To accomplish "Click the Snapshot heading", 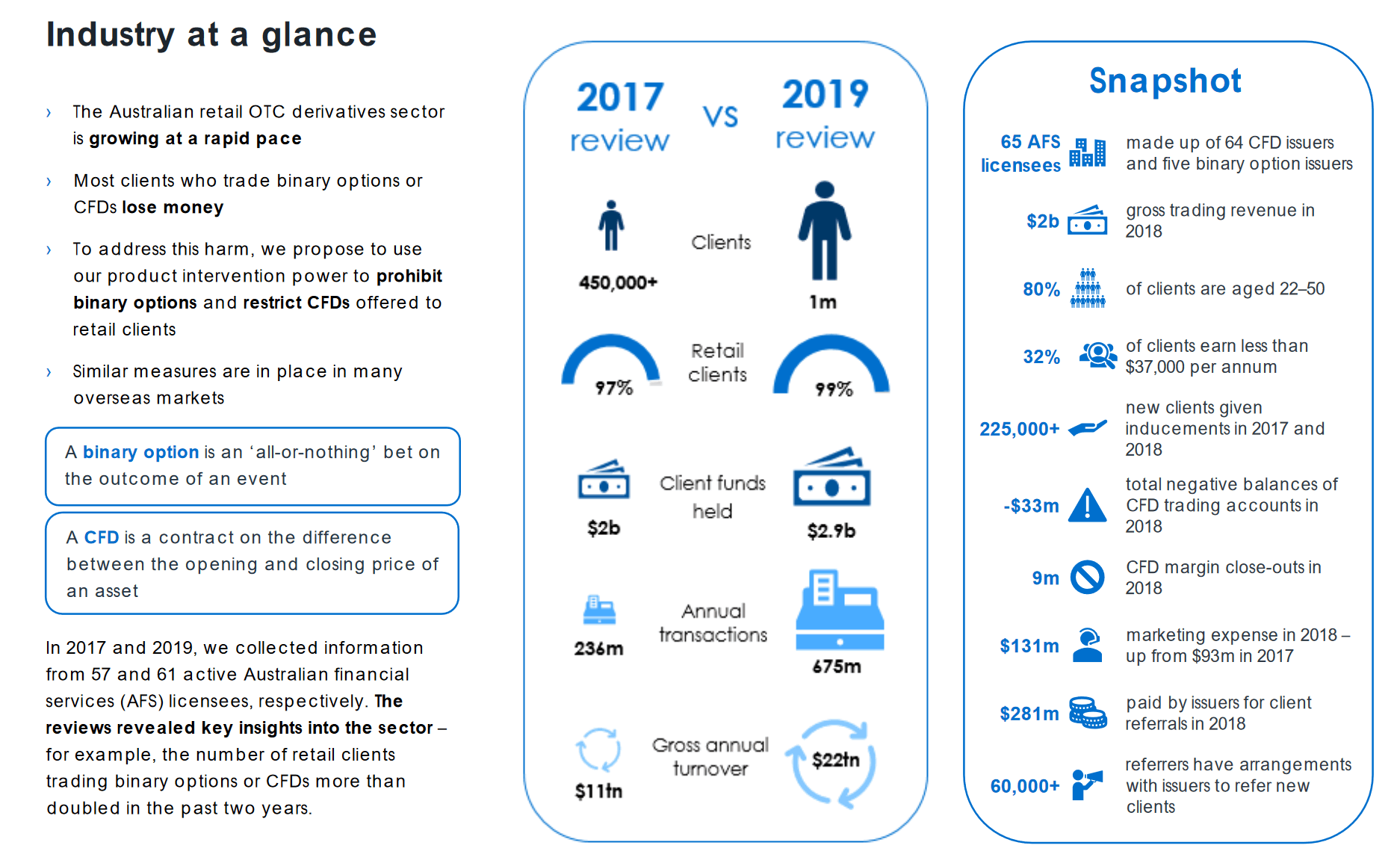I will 1165,81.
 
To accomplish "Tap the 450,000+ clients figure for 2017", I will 618,282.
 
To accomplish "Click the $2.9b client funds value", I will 831,531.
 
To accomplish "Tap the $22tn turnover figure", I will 835,761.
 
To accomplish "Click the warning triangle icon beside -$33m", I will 1087,505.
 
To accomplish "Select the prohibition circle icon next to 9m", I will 1087,578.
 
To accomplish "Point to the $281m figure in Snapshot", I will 1029,714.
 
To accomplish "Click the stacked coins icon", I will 1087,713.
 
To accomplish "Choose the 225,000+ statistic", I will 1019,429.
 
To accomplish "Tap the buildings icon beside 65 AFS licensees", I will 1087,152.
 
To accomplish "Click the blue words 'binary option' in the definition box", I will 140,452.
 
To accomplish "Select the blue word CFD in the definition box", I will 102,537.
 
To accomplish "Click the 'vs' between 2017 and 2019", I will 720,116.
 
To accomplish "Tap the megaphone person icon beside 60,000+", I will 1087,785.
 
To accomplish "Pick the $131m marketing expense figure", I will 1029,646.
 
